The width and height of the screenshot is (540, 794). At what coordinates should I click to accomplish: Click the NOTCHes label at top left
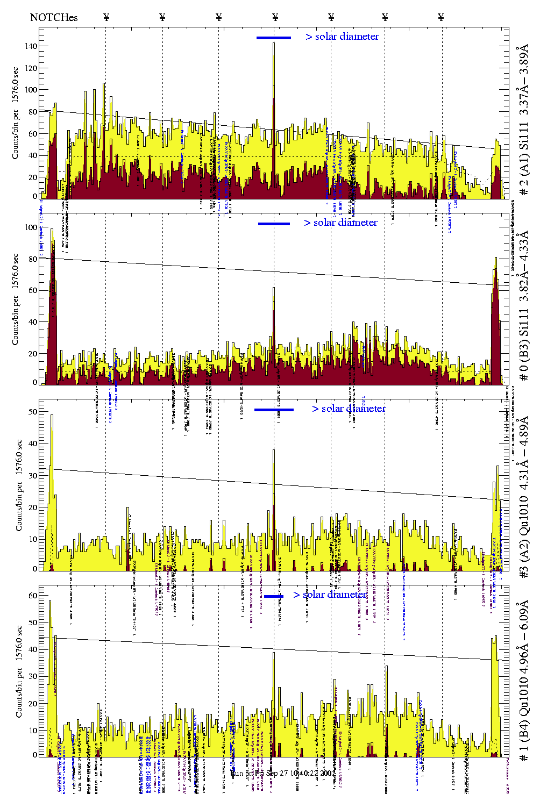click(54, 17)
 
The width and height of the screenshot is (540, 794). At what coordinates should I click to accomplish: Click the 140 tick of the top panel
click(31, 46)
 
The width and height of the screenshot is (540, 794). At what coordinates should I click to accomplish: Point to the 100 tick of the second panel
click(31, 227)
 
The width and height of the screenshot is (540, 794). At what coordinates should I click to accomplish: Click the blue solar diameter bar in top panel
click(274, 38)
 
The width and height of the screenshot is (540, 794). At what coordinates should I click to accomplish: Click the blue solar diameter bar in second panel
click(274, 224)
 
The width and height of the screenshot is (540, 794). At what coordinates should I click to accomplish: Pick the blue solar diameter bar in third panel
click(274, 410)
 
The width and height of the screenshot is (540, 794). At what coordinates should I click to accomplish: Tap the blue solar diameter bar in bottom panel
click(274, 596)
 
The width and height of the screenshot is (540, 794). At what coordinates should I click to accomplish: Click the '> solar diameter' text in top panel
click(342, 37)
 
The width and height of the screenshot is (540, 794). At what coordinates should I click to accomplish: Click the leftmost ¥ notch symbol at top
click(106, 17)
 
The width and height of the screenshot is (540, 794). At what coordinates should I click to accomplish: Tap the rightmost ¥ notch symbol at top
click(441, 17)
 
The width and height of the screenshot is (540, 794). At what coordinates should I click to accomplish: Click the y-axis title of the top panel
click(16, 113)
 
